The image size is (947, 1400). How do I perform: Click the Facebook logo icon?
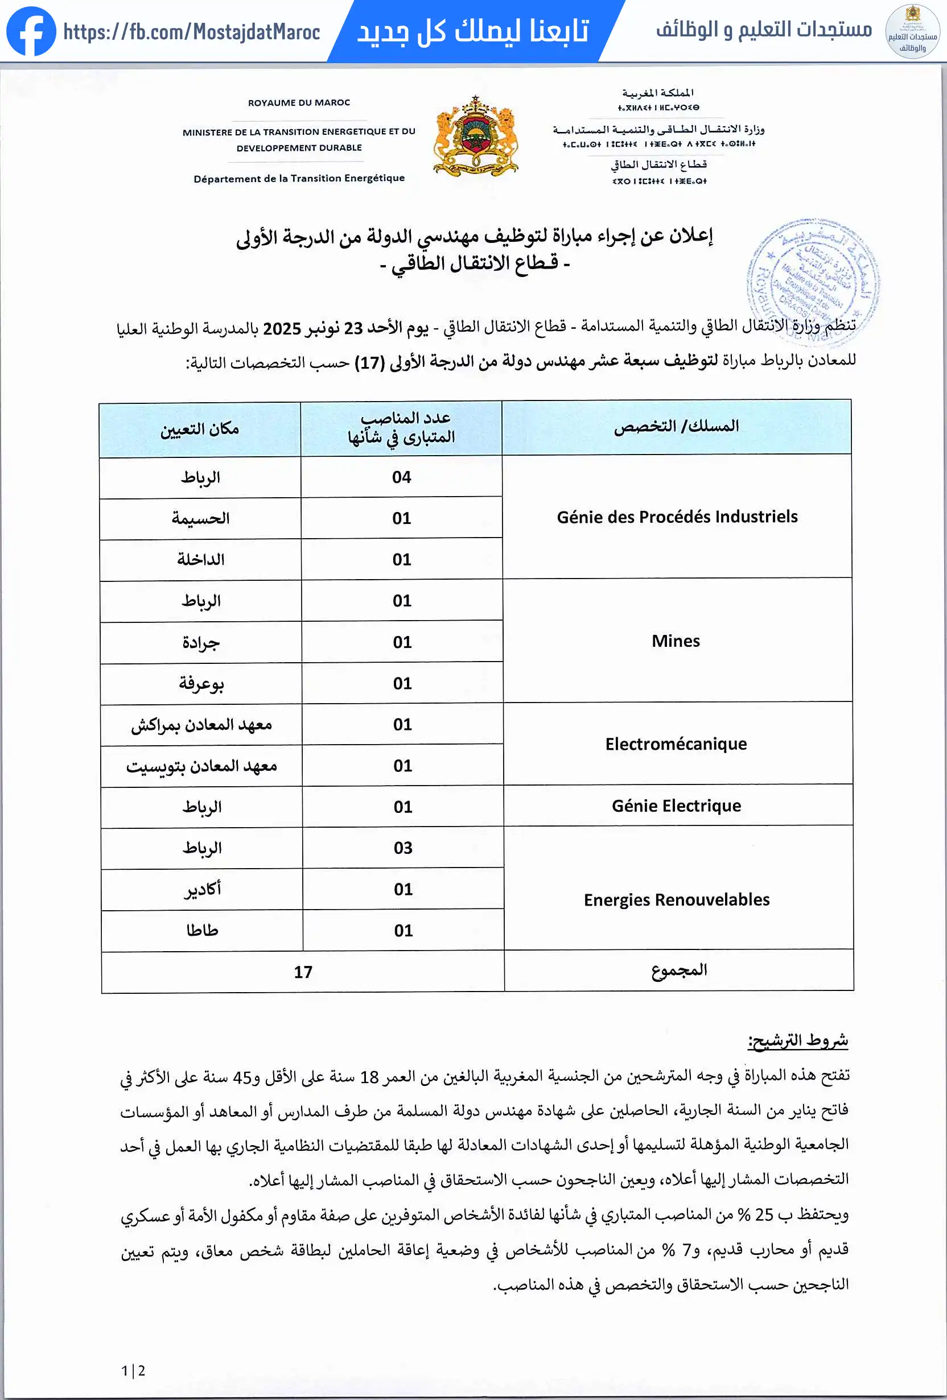tap(31, 31)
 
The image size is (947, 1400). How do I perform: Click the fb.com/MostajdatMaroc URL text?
tap(192, 32)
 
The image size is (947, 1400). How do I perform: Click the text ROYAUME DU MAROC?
tap(299, 103)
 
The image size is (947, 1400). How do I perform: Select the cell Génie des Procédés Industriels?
tap(677, 517)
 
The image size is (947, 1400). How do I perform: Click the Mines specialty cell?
tap(676, 641)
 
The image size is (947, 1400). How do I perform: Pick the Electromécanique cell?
tap(676, 744)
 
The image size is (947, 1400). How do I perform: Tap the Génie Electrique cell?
tap(676, 806)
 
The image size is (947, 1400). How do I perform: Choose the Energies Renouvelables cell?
tap(676, 900)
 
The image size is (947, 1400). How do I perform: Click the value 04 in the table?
tap(401, 477)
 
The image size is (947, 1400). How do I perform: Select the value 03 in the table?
tap(403, 848)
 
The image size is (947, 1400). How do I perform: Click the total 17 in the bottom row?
tap(303, 972)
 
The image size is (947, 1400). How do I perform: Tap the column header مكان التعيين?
tap(200, 429)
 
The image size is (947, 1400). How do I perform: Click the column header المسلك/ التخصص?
tap(676, 427)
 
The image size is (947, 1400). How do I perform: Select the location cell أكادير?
tap(203, 890)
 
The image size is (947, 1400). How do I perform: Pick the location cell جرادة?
tap(201, 643)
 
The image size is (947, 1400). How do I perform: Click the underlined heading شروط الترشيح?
tap(797, 1040)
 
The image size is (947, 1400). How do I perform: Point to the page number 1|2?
tap(133, 1371)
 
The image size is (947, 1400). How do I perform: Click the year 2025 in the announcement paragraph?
tap(282, 329)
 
